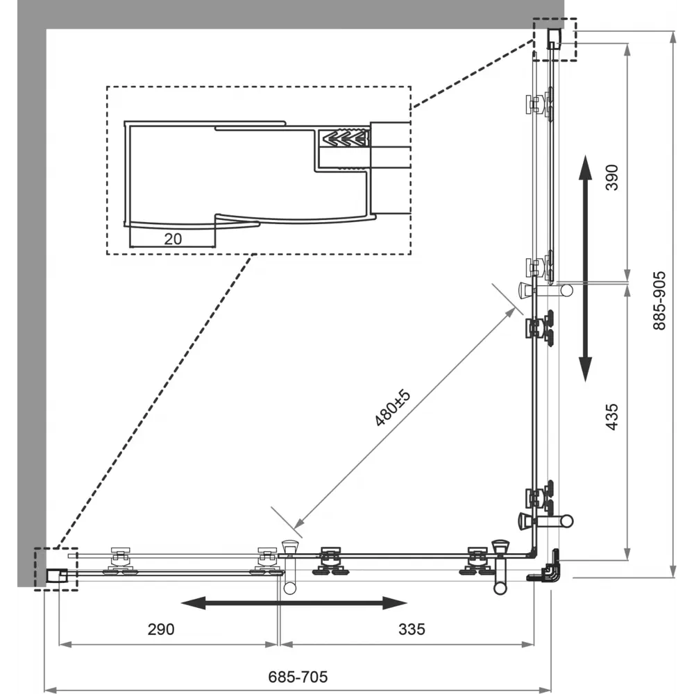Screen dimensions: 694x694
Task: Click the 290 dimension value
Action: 161,629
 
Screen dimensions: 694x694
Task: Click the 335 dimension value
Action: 412,629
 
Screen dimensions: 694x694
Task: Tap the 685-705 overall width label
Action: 298,677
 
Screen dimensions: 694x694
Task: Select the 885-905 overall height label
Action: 659,301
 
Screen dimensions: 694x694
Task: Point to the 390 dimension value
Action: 611,178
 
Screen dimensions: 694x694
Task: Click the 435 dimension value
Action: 611,416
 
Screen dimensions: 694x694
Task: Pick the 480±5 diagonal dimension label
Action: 393,407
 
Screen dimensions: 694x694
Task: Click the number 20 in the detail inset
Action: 173,239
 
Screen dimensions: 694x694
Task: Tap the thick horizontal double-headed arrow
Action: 294,602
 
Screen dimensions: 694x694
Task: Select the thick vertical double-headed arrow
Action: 586,268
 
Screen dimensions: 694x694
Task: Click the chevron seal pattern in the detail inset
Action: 346,138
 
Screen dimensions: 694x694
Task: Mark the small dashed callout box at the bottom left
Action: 56,569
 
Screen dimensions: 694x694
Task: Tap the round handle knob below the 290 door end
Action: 289,588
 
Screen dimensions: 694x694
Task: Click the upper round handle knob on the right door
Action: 566,290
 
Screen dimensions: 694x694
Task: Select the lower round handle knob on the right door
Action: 566,521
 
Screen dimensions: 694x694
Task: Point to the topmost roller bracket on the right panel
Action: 539,105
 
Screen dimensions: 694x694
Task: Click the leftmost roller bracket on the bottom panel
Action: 120,561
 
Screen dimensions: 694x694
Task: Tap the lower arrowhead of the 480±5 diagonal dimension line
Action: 298,523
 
